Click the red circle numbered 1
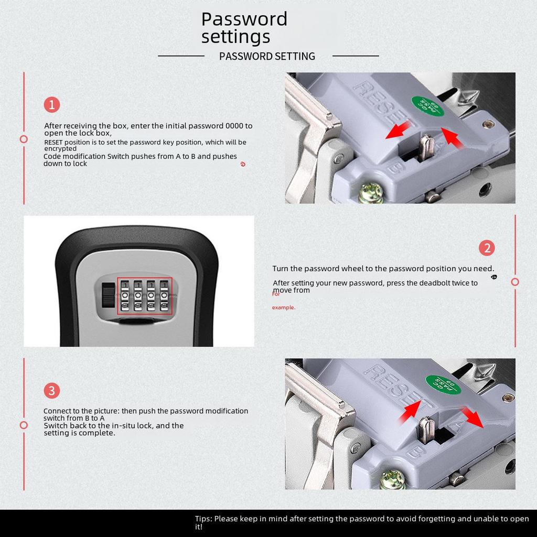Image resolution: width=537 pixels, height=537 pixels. coord(52,104)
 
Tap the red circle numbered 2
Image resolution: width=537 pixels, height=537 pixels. coord(487,248)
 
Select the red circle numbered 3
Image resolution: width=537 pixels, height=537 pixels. coord(52,390)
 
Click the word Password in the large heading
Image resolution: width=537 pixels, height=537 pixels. coord(244,19)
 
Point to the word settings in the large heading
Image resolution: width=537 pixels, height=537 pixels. coord(235,37)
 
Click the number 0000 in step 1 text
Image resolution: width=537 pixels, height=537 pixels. coord(234,126)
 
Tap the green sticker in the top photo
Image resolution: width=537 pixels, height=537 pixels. coord(427,105)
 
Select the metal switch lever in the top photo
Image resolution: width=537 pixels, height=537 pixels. coord(427,147)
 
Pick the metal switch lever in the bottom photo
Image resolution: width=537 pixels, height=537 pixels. coord(427,430)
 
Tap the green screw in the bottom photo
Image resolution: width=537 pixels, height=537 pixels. coord(392,479)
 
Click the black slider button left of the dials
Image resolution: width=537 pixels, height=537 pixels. coord(108,295)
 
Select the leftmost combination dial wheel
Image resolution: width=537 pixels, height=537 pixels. coord(125,296)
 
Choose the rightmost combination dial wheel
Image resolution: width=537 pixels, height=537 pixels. coord(164,296)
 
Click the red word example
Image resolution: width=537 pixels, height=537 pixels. coord(284,307)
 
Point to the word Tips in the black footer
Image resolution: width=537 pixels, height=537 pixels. coord(203,519)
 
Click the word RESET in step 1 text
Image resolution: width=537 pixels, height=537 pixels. coord(53,142)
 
